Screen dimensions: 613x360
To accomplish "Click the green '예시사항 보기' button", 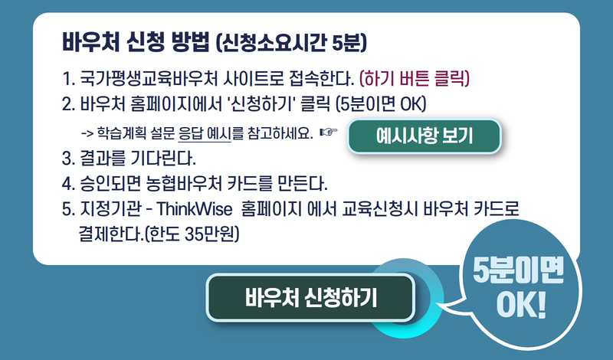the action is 425,136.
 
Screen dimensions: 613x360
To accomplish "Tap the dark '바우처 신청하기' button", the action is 310,298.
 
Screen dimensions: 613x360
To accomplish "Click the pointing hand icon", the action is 329,133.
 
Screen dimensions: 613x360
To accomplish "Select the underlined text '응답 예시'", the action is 205,134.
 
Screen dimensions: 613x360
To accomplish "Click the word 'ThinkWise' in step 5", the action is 195,209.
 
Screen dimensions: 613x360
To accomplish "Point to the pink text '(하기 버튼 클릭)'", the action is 415,79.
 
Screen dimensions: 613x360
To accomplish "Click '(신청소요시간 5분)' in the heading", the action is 291,43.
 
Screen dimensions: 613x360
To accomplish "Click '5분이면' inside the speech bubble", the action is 518,270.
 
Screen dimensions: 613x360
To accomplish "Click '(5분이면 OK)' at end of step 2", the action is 381,104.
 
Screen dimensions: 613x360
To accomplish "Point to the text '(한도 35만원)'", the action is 192,234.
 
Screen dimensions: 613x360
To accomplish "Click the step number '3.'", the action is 68,159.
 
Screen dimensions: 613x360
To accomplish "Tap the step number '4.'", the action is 68,184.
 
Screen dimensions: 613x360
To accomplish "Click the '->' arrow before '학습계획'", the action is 87,134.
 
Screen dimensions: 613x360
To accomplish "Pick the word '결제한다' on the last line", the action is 109,234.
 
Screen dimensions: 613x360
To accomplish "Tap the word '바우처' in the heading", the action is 90,42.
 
